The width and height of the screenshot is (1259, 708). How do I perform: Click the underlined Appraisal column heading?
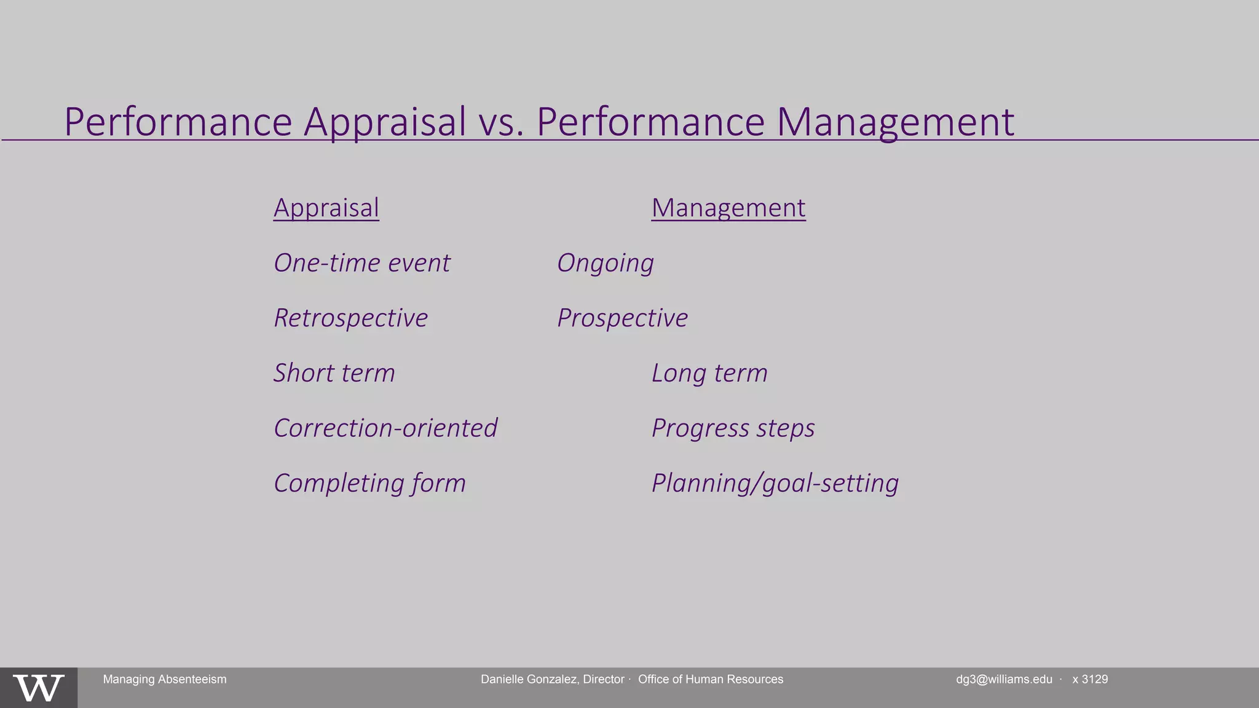pos(326,208)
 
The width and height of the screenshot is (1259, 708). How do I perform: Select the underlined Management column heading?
pos(728,208)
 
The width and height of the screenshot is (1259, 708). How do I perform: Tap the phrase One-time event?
pos(362,263)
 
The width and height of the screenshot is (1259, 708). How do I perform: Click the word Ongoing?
pos(606,263)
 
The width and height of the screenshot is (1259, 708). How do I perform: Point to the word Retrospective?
pos(351,318)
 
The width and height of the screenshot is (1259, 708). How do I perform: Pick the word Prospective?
pos(622,318)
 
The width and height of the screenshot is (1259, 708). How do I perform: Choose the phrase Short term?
pos(334,373)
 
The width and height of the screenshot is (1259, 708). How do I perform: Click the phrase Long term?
pos(709,373)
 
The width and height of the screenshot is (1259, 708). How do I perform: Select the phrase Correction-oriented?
pos(385,428)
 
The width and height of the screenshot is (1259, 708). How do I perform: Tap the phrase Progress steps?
pos(733,428)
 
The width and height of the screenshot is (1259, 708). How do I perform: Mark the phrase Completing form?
pos(369,483)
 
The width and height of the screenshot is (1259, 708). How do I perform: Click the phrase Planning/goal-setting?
pos(775,483)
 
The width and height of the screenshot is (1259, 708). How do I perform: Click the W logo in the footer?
pos(39,688)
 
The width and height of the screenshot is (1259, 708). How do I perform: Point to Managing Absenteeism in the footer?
pos(165,679)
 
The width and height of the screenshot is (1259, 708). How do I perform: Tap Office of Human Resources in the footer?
pos(711,679)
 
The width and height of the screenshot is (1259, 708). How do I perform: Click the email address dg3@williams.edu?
pos(1004,679)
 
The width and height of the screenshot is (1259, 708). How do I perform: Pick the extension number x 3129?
pos(1090,679)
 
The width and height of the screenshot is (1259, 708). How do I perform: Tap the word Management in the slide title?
pos(894,122)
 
